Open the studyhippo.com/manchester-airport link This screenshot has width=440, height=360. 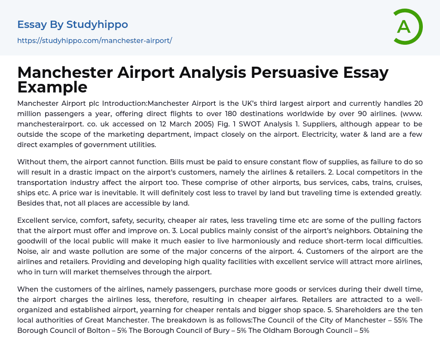click(x=95, y=40)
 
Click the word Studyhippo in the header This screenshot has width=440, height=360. click(x=97, y=25)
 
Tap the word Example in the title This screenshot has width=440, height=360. click(x=52, y=87)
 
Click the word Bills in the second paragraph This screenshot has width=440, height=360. click(x=178, y=162)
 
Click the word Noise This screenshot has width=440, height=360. click(x=27, y=251)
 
